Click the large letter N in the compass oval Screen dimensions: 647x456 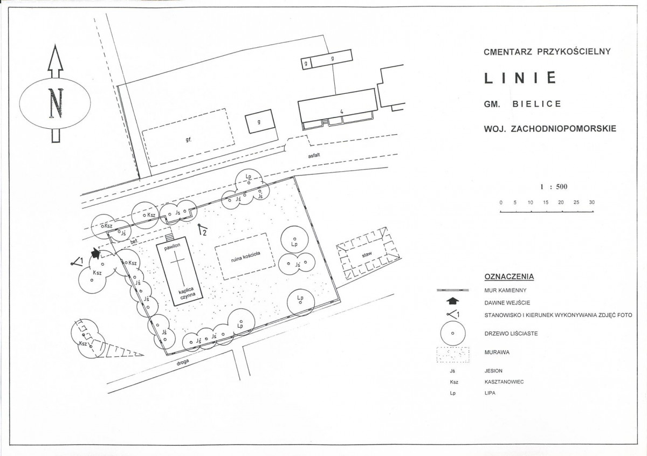[x=56, y=103]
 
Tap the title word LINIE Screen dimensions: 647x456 [x=520, y=78]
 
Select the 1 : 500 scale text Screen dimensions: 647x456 [x=554, y=186]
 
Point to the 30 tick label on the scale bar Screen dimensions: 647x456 [x=591, y=203]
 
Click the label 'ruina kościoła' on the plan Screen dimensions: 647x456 [x=245, y=257]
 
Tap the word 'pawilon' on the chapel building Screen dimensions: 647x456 [x=173, y=247]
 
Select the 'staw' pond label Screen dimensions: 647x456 [x=367, y=254]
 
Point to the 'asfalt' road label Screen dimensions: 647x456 [x=314, y=155]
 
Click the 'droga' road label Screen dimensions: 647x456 [x=183, y=362]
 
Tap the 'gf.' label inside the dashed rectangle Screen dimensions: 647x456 [x=188, y=140]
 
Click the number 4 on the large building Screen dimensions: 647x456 [x=342, y=112]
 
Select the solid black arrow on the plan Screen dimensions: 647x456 [x=95, y=253]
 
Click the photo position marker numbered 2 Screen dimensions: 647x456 [x=203, y=230]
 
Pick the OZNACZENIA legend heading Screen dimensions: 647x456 [x=509, y=277]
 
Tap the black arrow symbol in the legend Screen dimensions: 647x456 [x=452, y=301]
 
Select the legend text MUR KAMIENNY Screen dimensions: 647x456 [x=506, y=290]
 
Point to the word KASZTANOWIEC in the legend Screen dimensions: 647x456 [x=504, y=382]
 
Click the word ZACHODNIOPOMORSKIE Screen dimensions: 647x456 [x=563, y=128]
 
